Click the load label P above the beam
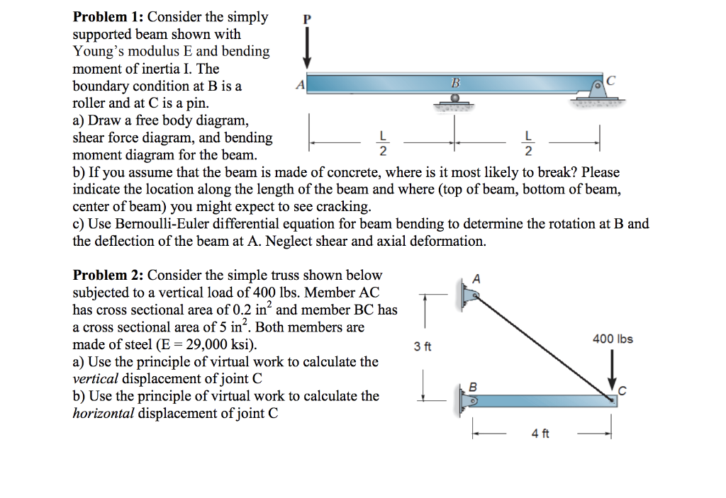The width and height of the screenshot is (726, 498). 307,19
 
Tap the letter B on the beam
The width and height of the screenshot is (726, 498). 455,84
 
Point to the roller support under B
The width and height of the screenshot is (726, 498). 455,102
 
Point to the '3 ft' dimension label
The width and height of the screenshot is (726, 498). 423,346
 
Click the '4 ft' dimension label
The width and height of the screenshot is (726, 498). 540,434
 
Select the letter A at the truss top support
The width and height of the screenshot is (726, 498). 476,278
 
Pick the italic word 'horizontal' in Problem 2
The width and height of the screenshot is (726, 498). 104,414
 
